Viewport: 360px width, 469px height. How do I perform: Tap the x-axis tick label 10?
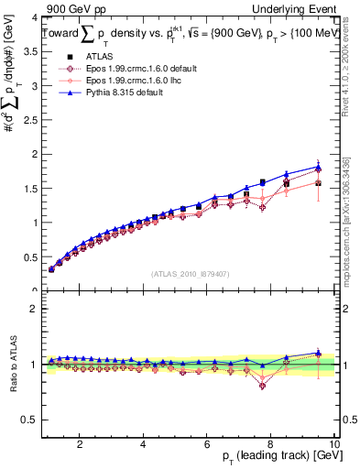click(334, 445)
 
